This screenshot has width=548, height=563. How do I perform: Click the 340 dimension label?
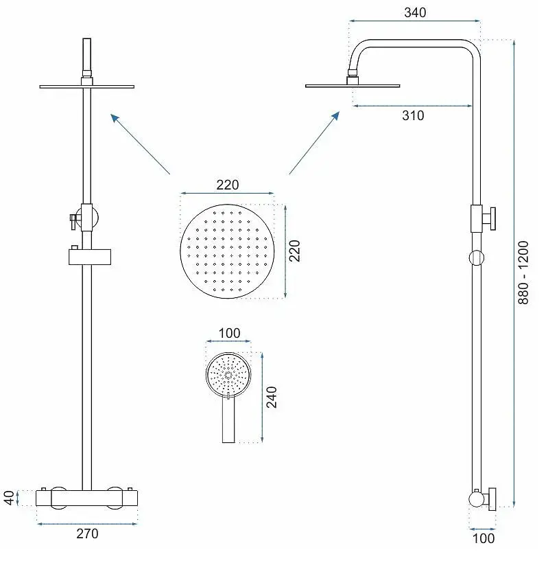point(415,12)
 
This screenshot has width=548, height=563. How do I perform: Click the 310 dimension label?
point(413,115)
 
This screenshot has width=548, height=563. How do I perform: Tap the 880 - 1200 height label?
point(523,273)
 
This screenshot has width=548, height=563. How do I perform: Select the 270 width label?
point(87,534)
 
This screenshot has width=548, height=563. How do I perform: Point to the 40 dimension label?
point(9,498)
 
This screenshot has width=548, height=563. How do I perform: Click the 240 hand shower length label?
point(272,397)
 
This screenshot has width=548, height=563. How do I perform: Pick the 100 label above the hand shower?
point(229,333)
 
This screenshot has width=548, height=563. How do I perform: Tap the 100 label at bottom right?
point(484,538)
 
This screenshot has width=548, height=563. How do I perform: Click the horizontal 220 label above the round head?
point(228,185)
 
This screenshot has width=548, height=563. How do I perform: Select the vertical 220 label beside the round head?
point(294,251)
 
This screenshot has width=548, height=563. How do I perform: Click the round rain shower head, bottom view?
point(228,251)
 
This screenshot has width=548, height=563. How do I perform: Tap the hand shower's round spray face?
point(228,375)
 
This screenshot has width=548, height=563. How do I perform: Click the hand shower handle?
point(228,420)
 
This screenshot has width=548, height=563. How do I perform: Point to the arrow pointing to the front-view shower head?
point(140,144)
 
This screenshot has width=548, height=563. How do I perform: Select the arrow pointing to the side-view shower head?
point(314,143)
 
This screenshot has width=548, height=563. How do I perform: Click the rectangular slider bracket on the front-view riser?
point(90,257)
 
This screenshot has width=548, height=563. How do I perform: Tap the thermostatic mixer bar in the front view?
point(87,498)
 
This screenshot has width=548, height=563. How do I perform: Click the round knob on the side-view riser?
point(476,257)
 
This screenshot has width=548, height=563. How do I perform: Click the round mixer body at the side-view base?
point(477,499)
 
